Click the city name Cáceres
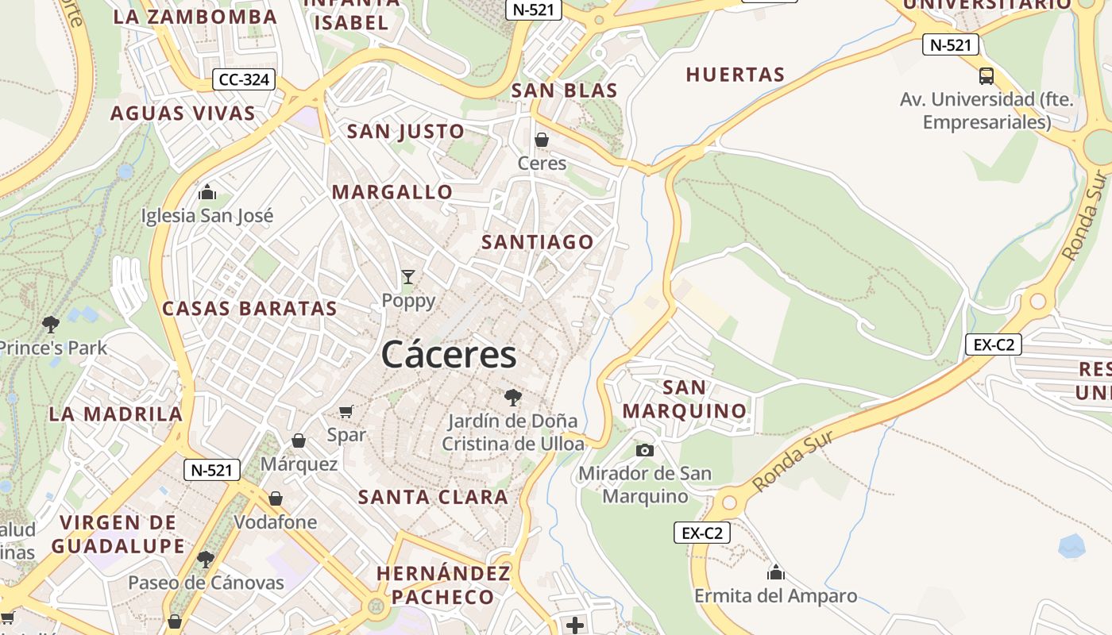pos(449,354)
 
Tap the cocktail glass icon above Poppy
pos(408,277)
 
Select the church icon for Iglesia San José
pos(207,192)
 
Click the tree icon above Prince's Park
pos(51,324)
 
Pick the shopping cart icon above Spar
pos(346,411)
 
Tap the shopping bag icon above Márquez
pos(299,440)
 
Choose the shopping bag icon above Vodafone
pos(275,498)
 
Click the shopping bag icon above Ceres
pos(542,140)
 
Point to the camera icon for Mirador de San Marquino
pos(645,450)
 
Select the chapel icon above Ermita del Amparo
pos(775,571)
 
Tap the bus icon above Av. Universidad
pos(986,76)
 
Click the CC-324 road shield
pos(244,79)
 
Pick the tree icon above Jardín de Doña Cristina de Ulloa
pos(513,397)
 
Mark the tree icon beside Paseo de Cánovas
pos(206,559)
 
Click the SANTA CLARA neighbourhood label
pos(433,497)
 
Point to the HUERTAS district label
pos(735,75)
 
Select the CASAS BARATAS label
pos(249,308)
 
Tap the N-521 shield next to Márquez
pos(211,470)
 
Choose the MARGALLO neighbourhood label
pos(392,191)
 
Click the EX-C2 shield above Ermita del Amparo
pos(701,533)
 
